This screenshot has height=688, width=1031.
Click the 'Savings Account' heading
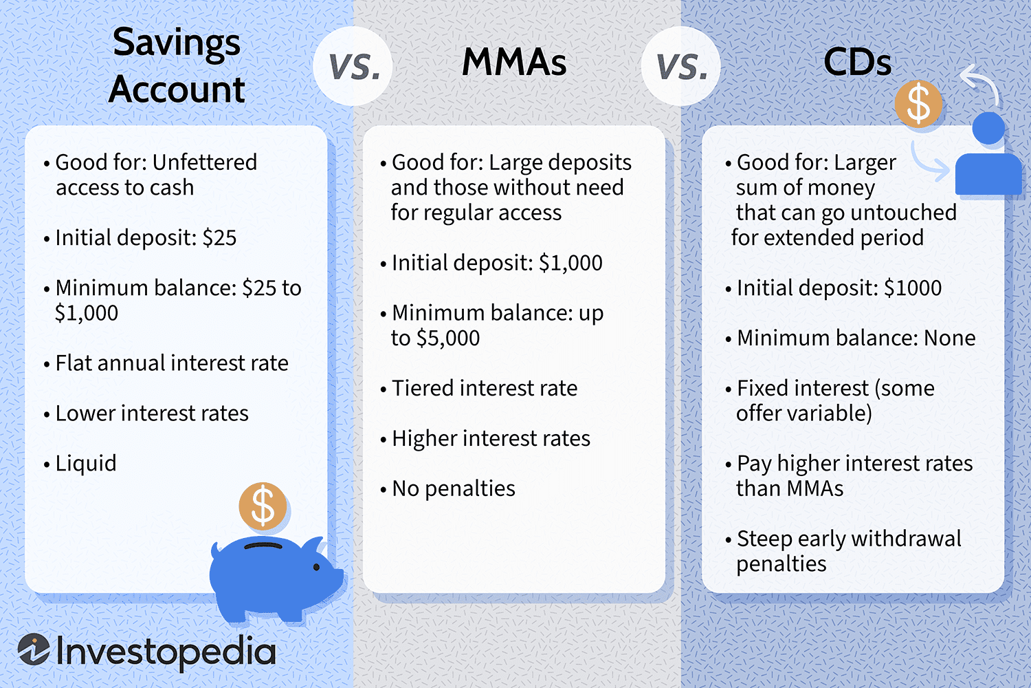(176, 65)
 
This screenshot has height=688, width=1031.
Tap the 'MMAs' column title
(514, 62)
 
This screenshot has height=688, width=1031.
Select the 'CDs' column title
(858, 62)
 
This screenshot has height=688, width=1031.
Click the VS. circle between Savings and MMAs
(353, 66)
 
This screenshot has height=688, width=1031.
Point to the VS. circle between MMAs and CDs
(681, 66)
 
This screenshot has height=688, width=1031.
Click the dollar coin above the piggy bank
(263, 506)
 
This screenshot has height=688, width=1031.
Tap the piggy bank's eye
(317, 567)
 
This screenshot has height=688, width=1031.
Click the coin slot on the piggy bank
(263, 546)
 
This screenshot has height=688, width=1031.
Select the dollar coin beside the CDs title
(918, 104)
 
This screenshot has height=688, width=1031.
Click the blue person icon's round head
(988, 128)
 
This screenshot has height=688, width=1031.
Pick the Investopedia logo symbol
(34, 649)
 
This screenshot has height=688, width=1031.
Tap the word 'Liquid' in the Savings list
(86, 464)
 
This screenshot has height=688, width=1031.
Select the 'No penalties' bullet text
(454, 489)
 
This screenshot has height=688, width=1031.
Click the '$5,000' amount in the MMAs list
(448, 338)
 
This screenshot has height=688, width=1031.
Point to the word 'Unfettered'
(204, 162)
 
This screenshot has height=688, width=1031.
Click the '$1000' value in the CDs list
(913, 288)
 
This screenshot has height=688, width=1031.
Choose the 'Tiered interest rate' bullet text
(485, 388)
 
